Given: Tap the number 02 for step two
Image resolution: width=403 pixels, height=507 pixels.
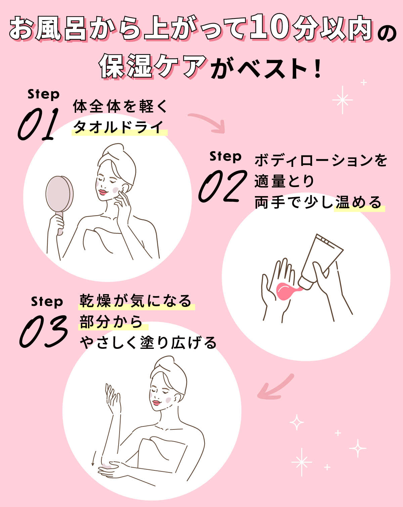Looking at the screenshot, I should coord(222,186).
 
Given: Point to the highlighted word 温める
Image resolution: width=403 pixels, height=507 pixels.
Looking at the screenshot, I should coord(359,202).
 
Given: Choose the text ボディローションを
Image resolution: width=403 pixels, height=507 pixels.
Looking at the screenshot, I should coord(321,160).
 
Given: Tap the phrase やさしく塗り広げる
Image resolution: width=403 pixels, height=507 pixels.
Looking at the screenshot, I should coord(148,343).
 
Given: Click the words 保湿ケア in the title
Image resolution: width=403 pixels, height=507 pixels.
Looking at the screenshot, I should coord(153,66).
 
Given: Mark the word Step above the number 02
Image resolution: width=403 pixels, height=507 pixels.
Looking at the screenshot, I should coord(225,156).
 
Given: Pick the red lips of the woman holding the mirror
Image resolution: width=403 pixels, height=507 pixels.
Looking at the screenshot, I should coord(102,192).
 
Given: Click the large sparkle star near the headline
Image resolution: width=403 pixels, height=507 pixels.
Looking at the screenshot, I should coord(342,100).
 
